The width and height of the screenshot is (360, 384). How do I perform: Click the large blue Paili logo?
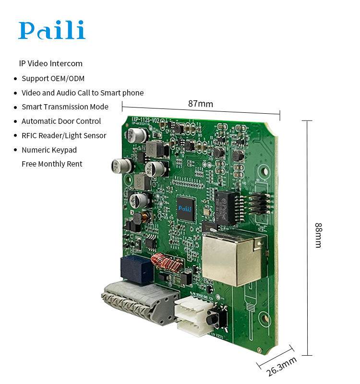tap(52, 30)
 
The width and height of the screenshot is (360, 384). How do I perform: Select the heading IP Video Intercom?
tap(50, 63)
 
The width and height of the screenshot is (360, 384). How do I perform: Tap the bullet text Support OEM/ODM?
tap(53, 78)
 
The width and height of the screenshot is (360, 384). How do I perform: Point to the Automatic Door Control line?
tap(61, 121)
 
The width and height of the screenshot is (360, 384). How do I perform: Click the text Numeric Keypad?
tap(49, 150)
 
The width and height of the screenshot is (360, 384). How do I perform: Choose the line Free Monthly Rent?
tap(52, 164)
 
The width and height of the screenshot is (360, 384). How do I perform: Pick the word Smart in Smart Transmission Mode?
tap(31, 107)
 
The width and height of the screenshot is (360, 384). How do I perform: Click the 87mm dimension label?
tap(200, 104)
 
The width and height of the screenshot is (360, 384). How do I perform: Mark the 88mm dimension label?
tap(318, 235)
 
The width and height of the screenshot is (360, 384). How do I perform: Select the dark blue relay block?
tap(137, 269)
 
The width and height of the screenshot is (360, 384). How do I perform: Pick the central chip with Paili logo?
tap(185, 208)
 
